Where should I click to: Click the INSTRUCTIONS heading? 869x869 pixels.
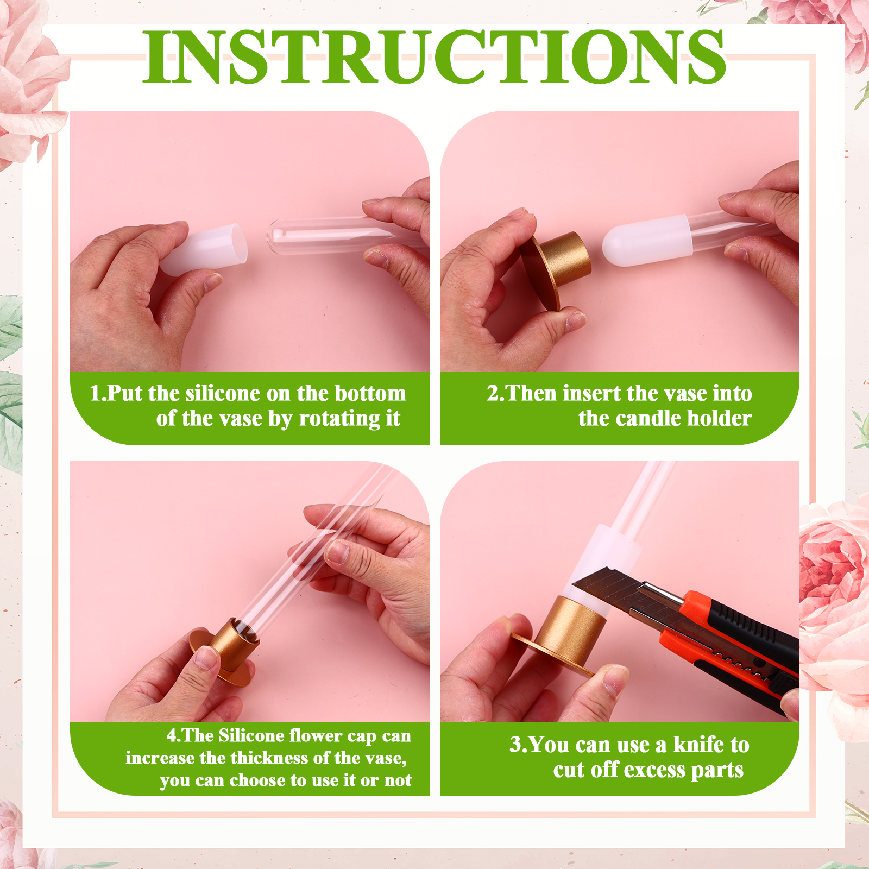click(434, 56)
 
